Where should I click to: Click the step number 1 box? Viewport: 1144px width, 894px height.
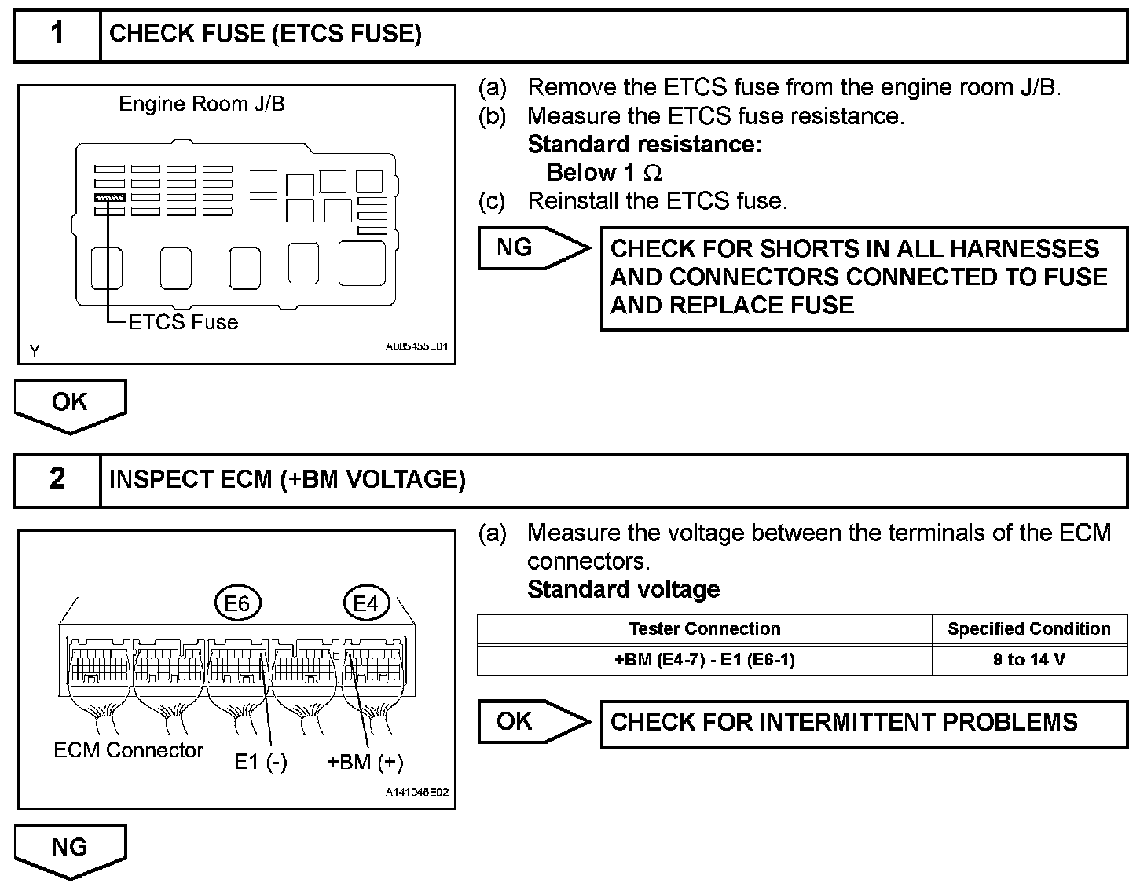[57, 35]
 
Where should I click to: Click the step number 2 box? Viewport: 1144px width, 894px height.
[57, 479]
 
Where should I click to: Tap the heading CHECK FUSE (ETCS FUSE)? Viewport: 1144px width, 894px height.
[266, 34]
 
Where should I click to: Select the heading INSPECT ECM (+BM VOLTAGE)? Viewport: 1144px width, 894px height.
[288, 479]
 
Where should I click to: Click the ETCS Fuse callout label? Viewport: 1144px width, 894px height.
[183, 322]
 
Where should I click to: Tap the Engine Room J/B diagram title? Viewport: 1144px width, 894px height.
[202, 104]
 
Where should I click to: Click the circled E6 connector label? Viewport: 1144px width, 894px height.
[237, 603]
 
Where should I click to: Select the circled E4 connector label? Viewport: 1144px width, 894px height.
[366, 603]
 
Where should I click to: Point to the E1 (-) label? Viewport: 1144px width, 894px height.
[261, 762]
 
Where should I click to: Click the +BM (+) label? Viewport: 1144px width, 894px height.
[365, 762]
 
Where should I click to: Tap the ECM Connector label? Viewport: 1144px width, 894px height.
[128, 750]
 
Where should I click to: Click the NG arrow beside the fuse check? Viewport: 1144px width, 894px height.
[533, 248]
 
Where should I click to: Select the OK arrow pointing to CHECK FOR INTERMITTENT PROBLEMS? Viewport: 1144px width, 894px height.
[533, 722]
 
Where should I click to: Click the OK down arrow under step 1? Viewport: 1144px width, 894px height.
[70, 404]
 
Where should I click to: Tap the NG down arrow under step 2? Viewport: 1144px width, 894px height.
[70, 849]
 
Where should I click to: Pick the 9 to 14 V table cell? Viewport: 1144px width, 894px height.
[1029, 660]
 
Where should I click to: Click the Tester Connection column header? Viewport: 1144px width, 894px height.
[705, 629]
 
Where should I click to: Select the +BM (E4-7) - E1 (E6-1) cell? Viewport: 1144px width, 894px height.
[705, 660]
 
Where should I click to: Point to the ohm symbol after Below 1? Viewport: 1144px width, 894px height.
[652, 173]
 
